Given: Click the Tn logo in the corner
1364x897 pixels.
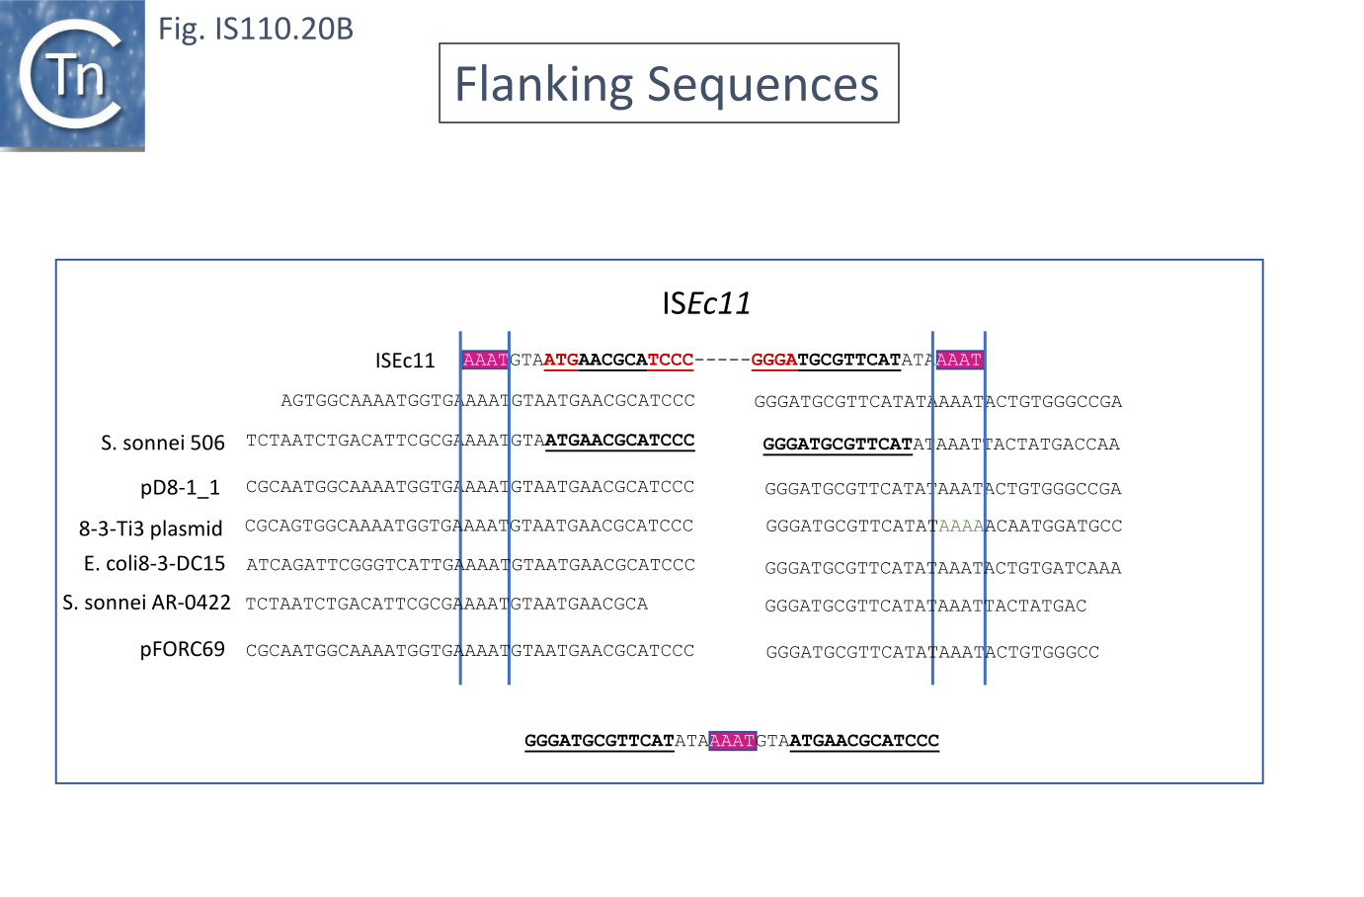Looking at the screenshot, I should tap(72, 75).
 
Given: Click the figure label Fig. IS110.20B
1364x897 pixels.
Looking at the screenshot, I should tap(256, 29).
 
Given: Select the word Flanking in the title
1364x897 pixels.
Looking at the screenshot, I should tap(542, 84).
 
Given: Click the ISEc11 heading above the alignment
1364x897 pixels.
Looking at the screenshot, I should tap(706, 302).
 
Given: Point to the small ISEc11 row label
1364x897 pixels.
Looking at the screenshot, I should tap(405, 361).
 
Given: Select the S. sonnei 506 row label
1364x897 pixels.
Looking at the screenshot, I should tap(163, 443).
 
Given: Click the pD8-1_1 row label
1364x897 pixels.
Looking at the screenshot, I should tap(180, 487).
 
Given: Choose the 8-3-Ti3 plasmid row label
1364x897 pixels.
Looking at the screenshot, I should tap(151, 529).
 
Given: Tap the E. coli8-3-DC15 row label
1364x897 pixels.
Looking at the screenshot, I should tap(155, 564).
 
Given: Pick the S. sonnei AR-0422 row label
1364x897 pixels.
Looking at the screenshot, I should tap(147, 603).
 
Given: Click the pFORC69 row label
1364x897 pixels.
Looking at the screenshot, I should tap(183, 649).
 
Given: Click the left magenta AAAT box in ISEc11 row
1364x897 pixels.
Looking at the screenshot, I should tap(485, 360).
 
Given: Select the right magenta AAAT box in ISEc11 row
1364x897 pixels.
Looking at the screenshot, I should tap(959, 360).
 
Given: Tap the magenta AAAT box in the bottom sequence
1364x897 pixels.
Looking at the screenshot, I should tap(733, 740).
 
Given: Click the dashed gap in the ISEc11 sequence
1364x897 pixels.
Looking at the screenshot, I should tap(722, 360).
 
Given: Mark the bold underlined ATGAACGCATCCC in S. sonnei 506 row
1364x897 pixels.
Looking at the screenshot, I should tap(619, 441).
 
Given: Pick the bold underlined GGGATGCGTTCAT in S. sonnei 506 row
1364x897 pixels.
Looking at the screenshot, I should tap(838, 445).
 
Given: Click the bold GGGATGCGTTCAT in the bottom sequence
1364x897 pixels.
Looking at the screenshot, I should tap(599, 740).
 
